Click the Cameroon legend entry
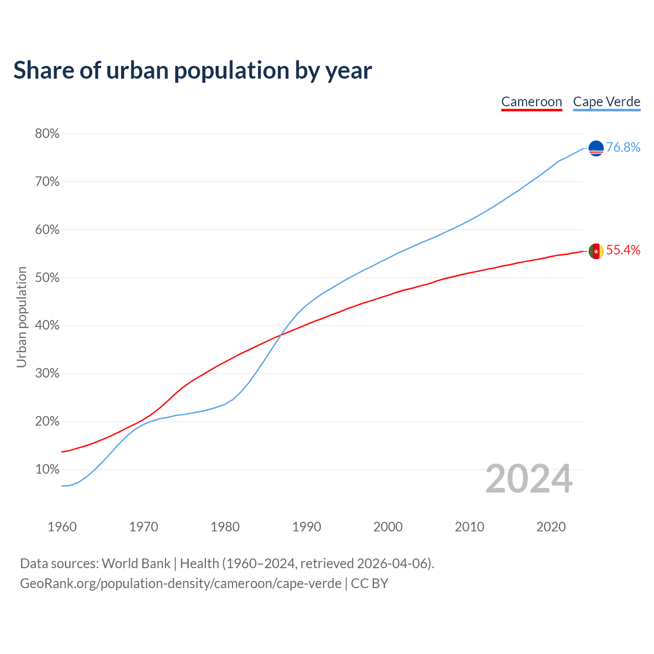pos(531,102)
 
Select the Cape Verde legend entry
pos(606,102)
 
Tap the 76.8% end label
pos(623,147)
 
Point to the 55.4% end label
pos(623,250)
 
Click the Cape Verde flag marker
pos(596,148)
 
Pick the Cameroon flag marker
pos(596,251)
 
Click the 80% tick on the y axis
pos(47,134)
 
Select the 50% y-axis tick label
pos(47,278)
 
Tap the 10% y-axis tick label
pos(47,470)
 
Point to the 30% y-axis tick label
pos(47,373)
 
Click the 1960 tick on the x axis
pos(62,527)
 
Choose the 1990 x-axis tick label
pos(307,527)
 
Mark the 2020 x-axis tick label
pos(551,527)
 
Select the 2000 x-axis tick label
pos(388,527)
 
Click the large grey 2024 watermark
pos(529,479)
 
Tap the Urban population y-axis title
pos(21,317)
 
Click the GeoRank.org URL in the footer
pos(180,583)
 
